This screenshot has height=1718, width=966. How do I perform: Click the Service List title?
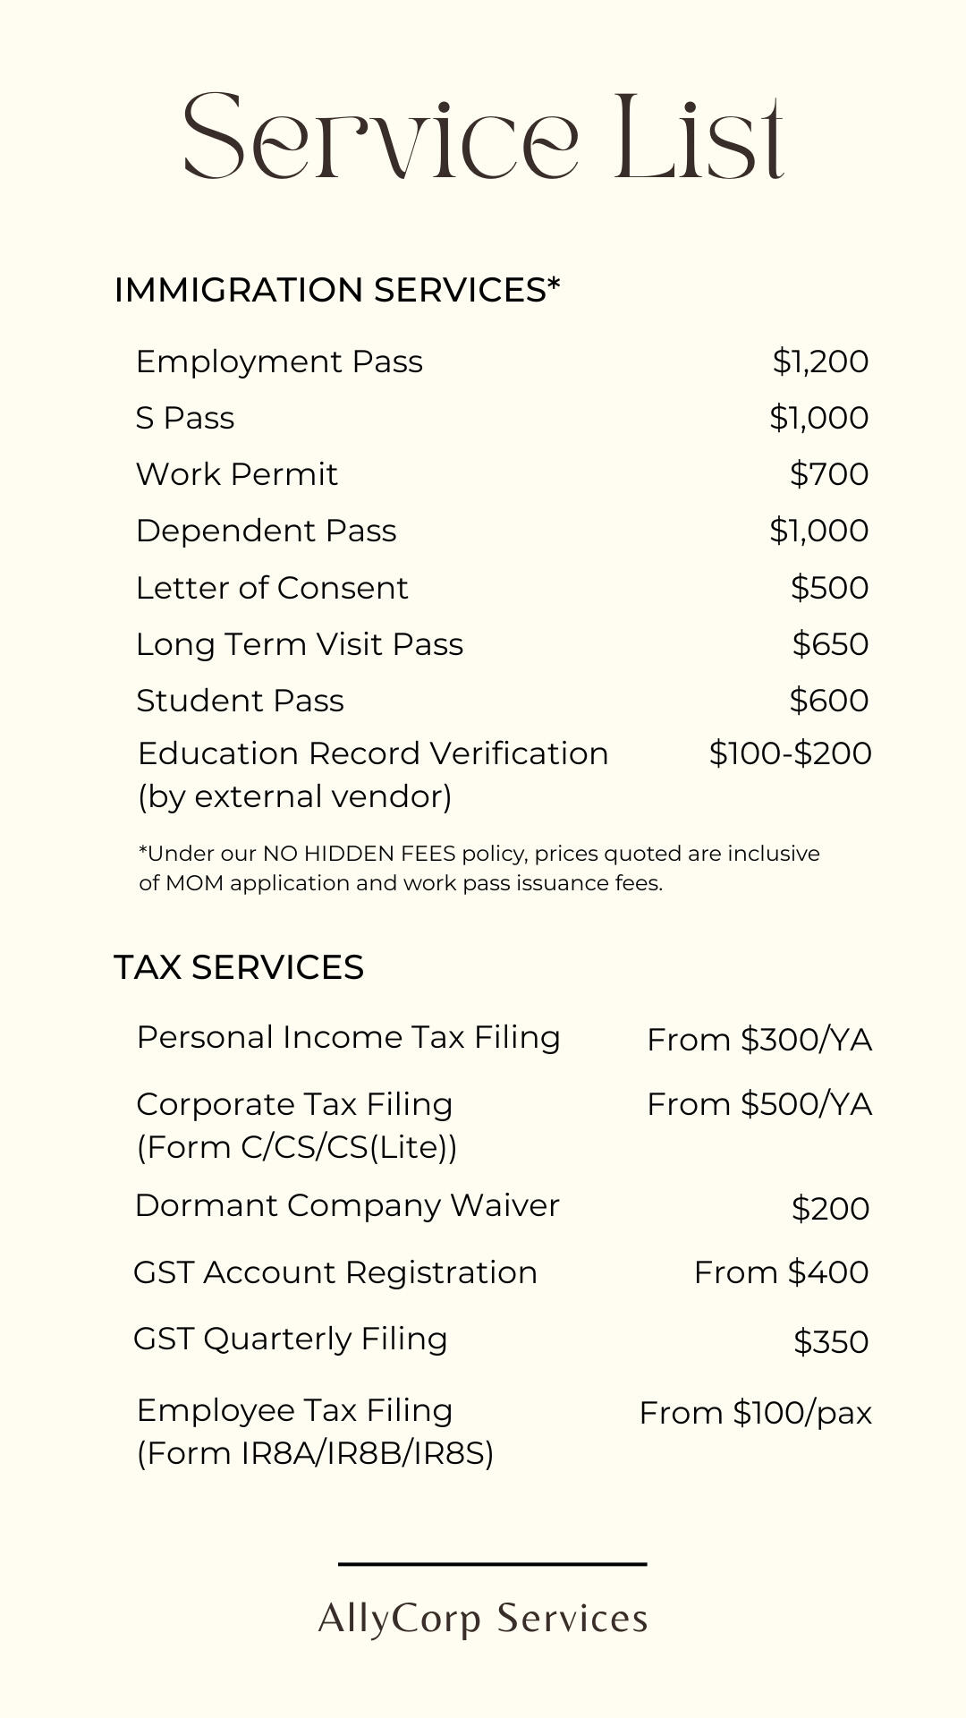click(x=483, y=136)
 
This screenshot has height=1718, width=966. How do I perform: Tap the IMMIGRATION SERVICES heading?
click(x=337, y=290)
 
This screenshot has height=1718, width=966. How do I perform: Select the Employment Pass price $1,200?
click(x=820, y=361)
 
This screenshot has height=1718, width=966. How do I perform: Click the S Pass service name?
click(x=185, y=418)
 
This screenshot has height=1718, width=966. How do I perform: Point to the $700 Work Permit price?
click(x=828, y=474)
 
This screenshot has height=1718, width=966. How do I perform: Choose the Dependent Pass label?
click(x=266, y=531)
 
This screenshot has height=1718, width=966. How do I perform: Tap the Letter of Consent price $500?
click(x=829, y=588)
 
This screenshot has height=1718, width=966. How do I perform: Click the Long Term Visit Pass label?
click(x=300, y=644)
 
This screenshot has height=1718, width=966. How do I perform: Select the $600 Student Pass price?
click(x=828, y=701)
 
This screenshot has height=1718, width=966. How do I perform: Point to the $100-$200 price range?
click(x=790, y=753)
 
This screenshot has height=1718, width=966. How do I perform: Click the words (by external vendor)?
click(x=294, y=796)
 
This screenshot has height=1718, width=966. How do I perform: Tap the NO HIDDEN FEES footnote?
click(x=479, y=868)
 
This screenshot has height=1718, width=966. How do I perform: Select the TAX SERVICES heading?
click(x=239, y=967)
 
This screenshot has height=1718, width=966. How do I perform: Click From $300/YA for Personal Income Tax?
click(x=759, y=1040)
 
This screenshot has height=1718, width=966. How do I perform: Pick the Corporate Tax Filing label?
click(x=294, y=1104)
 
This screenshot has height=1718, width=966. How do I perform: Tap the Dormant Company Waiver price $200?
click(x=830, y=1209)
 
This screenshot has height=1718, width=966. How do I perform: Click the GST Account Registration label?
click(x=335, y=1272)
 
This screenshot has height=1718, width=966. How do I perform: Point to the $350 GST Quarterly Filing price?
click(x=831, y=1342)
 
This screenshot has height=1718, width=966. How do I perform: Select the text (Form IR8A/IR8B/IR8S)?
click(x=315, y=1453)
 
